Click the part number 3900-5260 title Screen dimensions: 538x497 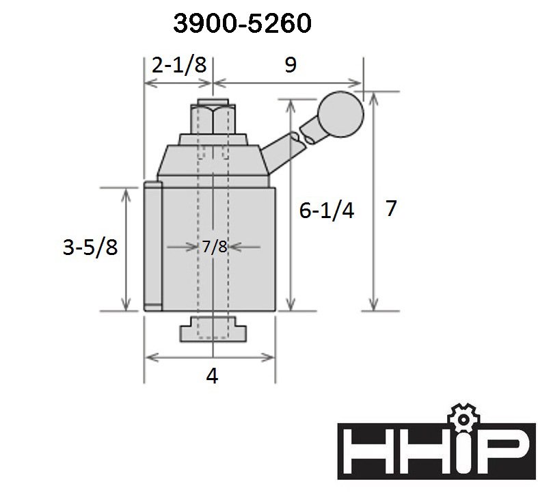242,23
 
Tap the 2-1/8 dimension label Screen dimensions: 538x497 179,65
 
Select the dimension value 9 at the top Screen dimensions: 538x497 291,64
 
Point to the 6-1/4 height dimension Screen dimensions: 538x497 326,211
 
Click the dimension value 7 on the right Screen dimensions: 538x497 391,208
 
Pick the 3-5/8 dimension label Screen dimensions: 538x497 90,247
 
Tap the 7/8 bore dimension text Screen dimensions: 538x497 214,246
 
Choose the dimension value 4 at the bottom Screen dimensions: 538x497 212,376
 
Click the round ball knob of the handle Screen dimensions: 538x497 340,114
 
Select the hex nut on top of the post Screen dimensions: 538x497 213,119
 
